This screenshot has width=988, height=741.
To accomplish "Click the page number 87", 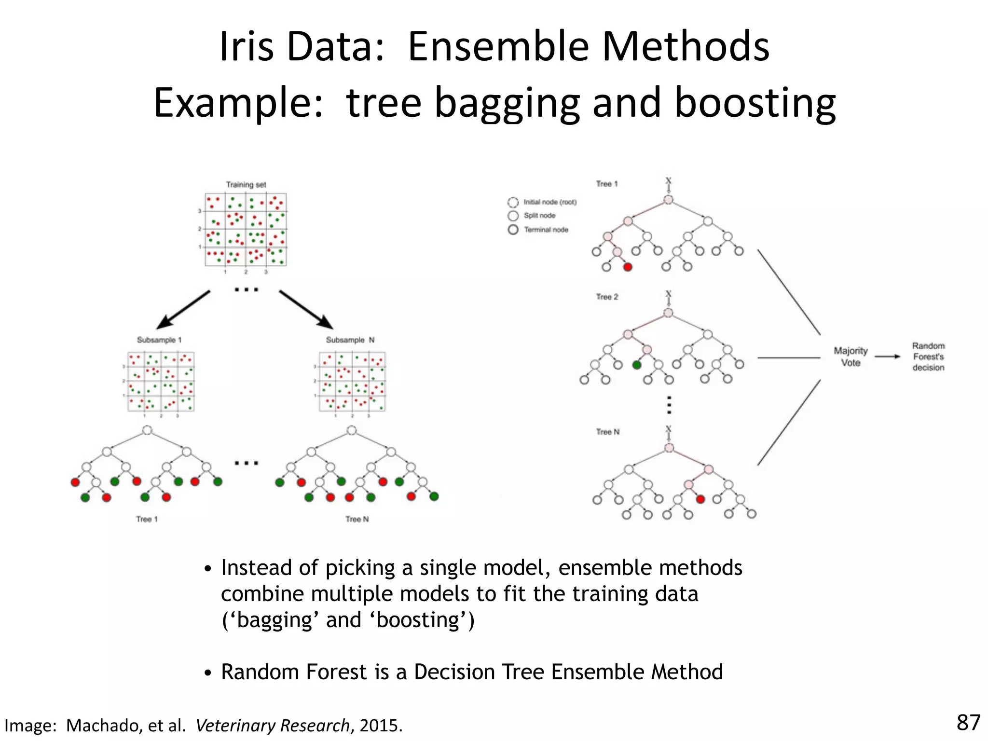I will [x=968, y=723].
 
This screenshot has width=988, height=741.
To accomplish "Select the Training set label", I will [x=246, y=184].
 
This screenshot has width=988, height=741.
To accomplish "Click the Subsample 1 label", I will [x=159, y=340].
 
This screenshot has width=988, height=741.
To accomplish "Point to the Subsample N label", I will [x=350, y=340].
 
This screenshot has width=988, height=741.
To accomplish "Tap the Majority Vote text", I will [x=851, y=357].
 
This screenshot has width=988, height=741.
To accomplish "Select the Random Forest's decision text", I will [x=928, y=357].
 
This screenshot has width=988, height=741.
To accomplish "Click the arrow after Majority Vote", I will [x=888, y=357].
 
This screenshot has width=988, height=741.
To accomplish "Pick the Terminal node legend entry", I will [x=538, y=230].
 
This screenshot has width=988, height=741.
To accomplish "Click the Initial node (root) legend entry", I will [x=542, y=202].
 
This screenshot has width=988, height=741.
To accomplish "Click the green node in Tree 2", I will [x=637, y=365].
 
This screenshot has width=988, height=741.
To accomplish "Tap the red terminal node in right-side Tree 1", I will [x=628, y=267].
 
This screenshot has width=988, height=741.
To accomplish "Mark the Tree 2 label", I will [x=607, y=297].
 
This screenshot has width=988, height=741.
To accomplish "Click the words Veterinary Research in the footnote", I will [x=273, y=725].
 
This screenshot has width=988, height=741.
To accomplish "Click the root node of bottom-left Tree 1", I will [x=148, y=430].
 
